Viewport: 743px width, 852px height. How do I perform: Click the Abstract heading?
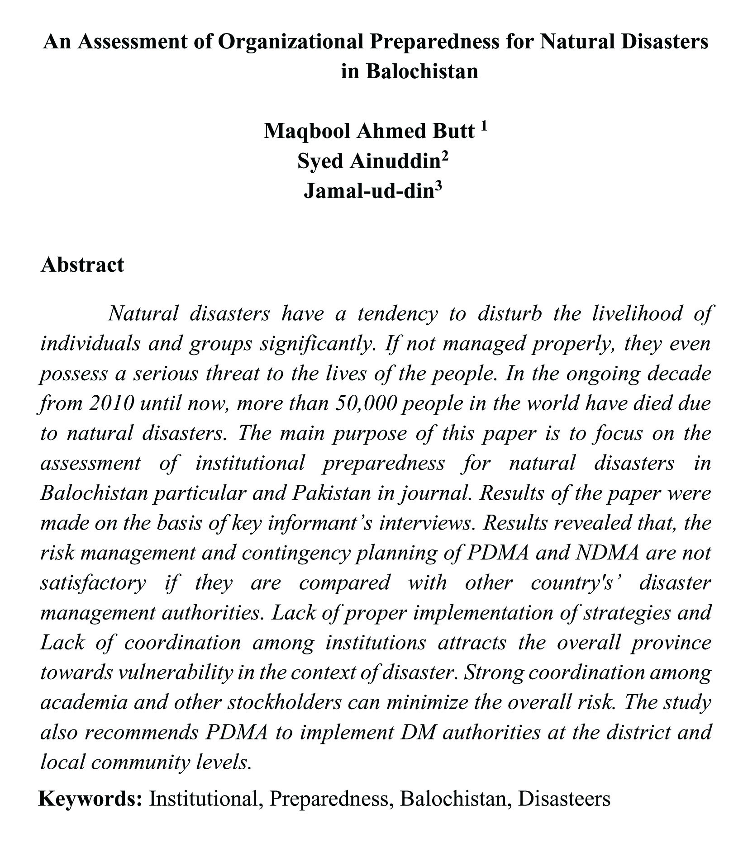point(82,265)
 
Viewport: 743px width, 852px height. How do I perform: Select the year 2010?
point(111,403)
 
